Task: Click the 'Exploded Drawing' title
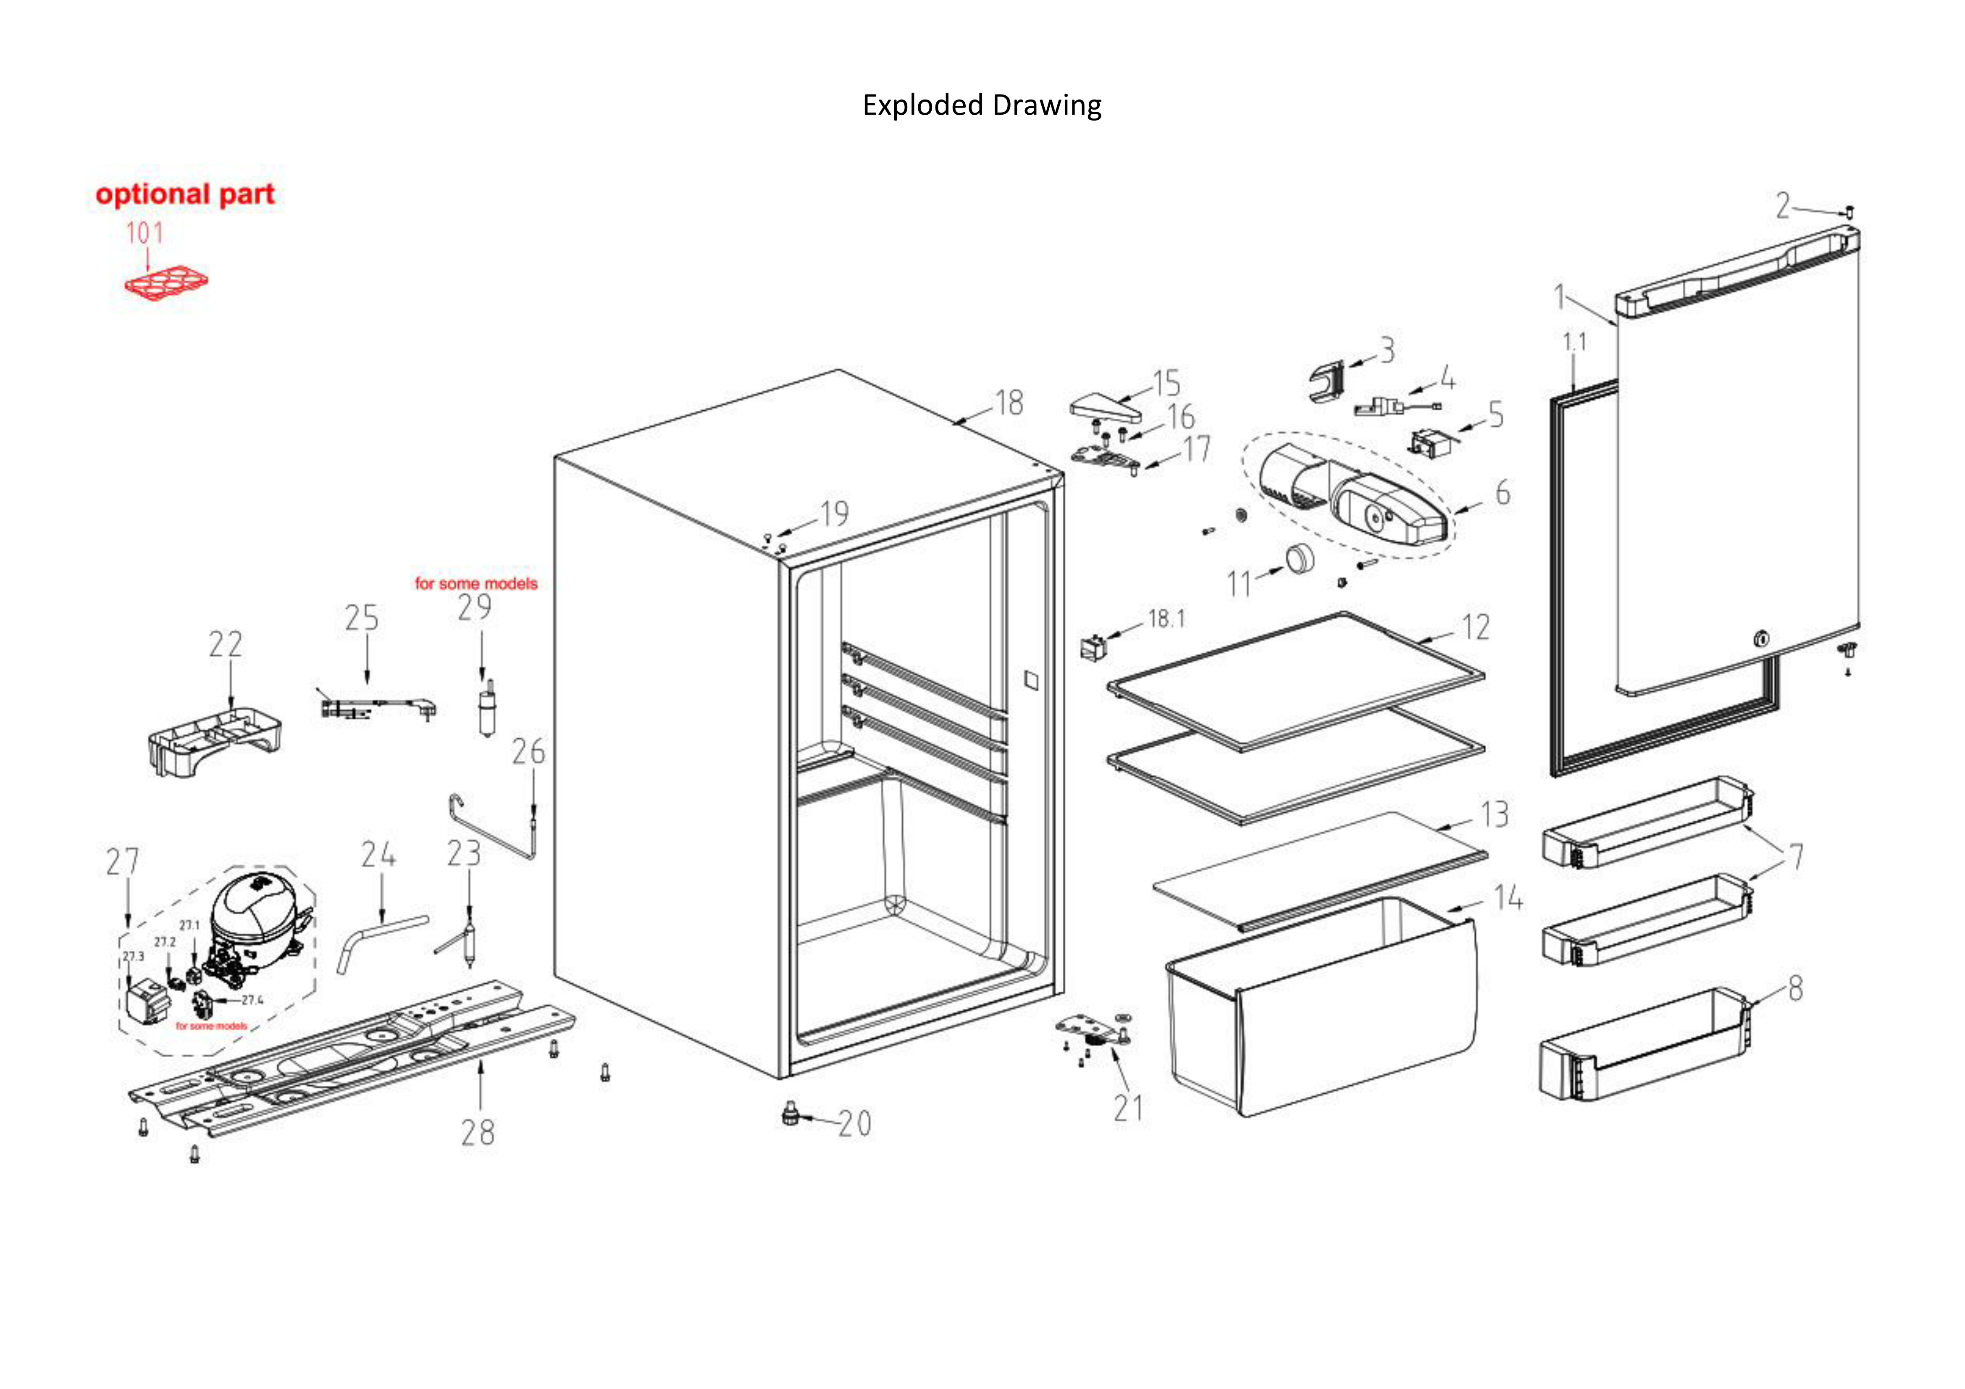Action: tap(982, 105)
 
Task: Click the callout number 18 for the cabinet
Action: tap(1009, 402)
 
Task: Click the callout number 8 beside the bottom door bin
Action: tap(1795, 988)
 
